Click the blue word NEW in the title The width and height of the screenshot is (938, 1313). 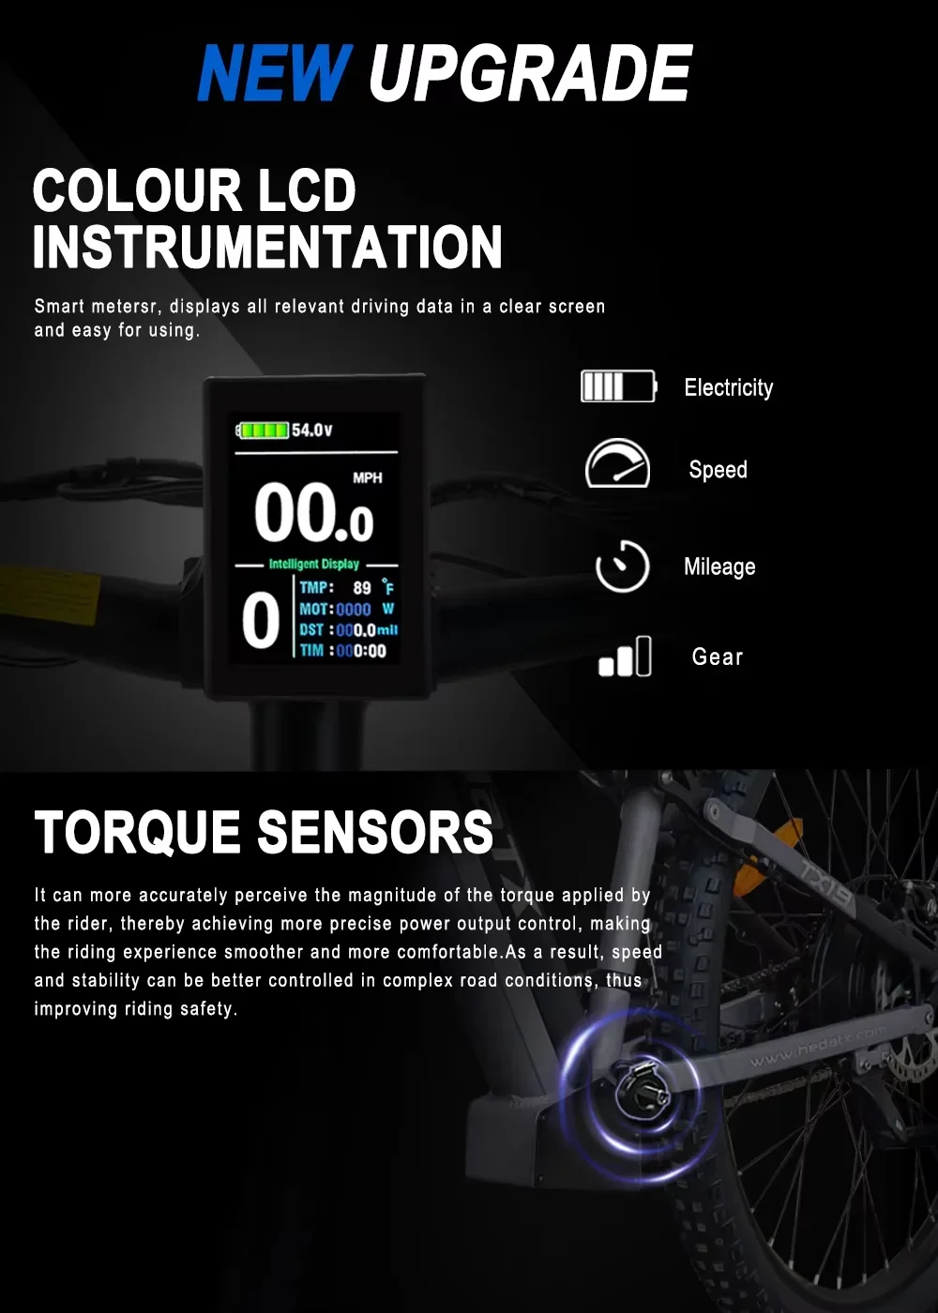pyautogui.click(x=275, y=73)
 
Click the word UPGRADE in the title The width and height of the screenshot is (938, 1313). pyautogui.click(x=531, y=73)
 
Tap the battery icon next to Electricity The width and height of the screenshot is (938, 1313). pyautogui.click(x=618, y=386)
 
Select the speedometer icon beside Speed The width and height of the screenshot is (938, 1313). pyautogui.click(x=617, y=463)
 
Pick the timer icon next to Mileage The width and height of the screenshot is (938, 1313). pyautogui.click(x=622, y=566)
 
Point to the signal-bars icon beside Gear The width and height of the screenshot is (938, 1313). pyautogui.click(x=625, y=656)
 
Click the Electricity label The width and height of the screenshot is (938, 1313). pyautogui.click(x=729, y=388)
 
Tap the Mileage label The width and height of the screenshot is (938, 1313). pyautogui.click(x=720, y=567)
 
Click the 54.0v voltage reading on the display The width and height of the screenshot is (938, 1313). pyautogui.click(x=311, y=430)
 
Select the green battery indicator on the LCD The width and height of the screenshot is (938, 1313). pyautogui.click(x=263, y=430)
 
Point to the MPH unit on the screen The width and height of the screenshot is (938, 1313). pyautogui.click(x=368, y=478)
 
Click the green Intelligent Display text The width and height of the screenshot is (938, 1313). pyautogui.click(x=313, y=564)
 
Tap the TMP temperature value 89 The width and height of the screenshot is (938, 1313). pyautogui.click(x=362, y=588)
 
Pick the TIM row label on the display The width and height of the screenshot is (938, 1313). pyautogui.click(x=311, y=650)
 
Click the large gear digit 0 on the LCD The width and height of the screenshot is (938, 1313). pyautogui.click(x=261, y=620)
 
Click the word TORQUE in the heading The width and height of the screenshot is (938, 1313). pyautogui.click(x=138, y=832)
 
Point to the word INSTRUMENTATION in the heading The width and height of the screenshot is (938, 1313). pyautogui.click(x=268, y=248)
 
